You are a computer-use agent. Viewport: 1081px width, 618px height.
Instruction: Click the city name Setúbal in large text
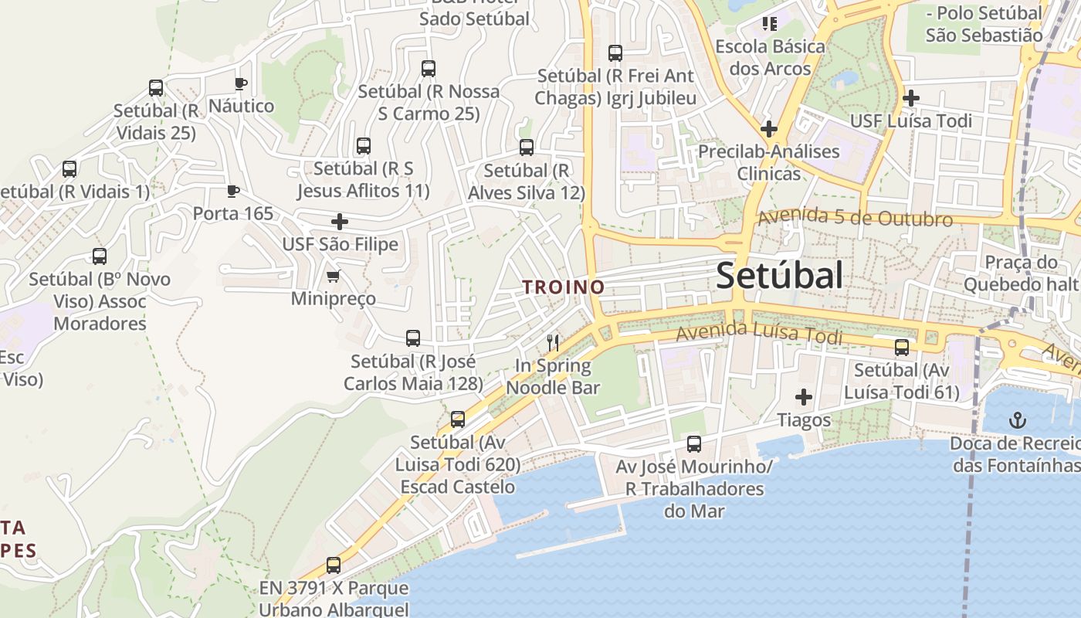[x=779, y=275]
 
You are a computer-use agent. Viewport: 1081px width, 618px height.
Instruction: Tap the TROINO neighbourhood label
[x=563, y=287]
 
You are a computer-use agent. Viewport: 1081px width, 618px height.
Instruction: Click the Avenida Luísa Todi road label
[x=759, y=334]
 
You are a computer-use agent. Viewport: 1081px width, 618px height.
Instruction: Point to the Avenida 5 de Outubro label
[x=855, y=217]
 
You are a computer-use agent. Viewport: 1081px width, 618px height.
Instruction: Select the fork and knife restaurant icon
[x=553, y=342]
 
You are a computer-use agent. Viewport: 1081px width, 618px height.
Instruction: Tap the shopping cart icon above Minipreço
[x=334, y=276]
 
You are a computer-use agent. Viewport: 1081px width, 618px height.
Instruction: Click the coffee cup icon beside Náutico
[x=241, y=83]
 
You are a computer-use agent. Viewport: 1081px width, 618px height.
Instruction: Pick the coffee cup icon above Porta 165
[x=233, y=191]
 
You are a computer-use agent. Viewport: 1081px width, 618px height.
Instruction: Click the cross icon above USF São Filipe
[x=339, y=222]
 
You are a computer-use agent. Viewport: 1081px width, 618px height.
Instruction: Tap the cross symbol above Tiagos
[x=804, y=397]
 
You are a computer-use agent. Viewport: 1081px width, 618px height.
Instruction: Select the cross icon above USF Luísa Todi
[x=911, y=98]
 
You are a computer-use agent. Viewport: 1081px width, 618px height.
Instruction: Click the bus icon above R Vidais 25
[x=156, y=88]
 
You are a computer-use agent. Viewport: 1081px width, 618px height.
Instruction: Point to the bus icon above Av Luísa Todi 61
[x=901, y=348]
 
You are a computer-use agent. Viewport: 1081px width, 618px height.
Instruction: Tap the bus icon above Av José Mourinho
[x=693, y=444]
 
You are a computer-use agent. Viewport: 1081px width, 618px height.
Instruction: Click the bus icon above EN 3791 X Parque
[x=334, y=565]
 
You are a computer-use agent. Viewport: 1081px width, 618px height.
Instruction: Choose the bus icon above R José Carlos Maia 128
[x=413, y=338]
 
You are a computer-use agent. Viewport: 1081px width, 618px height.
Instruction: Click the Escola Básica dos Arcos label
[x=770, y=57]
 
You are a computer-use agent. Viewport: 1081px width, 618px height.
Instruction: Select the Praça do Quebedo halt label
[x=1019, y=273]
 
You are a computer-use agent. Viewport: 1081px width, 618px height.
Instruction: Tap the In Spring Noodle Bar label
[x=553, y=376]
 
